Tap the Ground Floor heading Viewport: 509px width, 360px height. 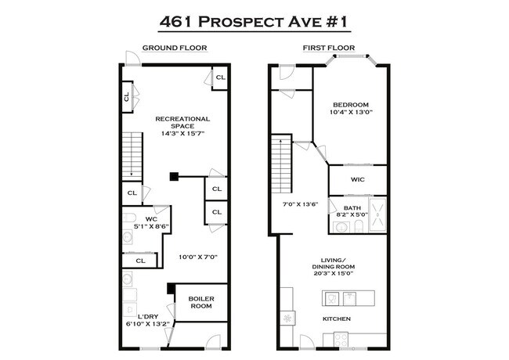point(174,49)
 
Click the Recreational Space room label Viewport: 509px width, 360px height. point(183,122)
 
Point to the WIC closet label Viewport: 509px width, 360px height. point(358,179)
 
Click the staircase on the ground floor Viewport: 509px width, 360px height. point(132,154)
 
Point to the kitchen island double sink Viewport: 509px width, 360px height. point(340,297)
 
